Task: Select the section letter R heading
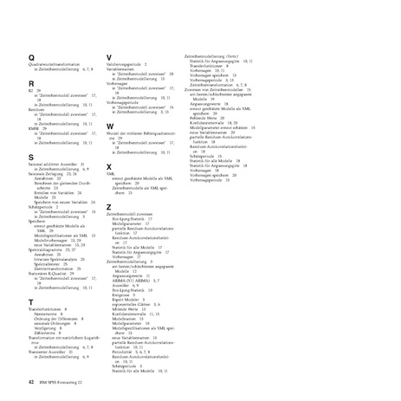(x=31, y=83)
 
